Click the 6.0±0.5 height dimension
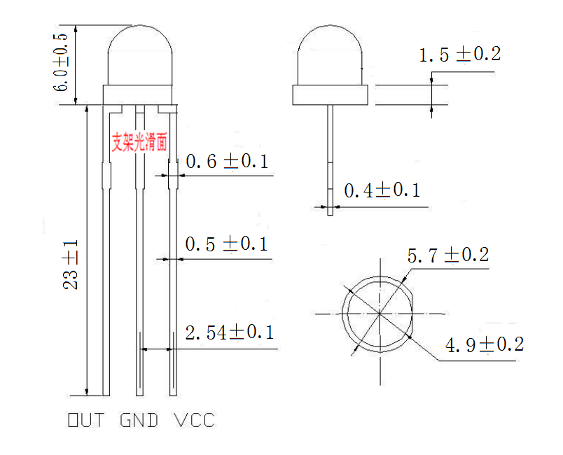tap(62, 62)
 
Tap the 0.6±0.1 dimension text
tap(227, 162)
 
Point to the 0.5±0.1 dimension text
tap(226, 244)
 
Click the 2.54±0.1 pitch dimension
tap(229, 332)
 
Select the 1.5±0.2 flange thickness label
tap(460, 54)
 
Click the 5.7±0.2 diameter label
tap(447, 255)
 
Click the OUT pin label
tap(85, 421)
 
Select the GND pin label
tap(139, 421)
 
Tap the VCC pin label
tap(194, 421)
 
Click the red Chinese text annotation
tap(140, 142)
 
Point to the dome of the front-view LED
tap(139, 56)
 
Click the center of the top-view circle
tap(379, 314)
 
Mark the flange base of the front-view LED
tap(139, 95)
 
